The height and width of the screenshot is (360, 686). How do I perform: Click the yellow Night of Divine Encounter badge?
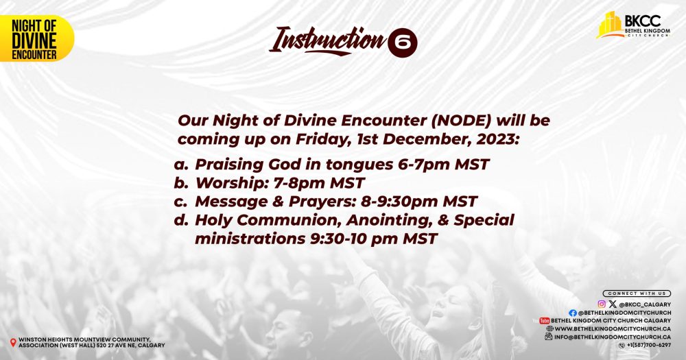37,38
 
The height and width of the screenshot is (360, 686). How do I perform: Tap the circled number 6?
403,43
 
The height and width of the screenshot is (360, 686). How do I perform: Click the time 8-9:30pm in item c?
399,202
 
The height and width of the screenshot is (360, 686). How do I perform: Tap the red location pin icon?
13,342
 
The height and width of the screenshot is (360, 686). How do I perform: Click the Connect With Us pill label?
637,293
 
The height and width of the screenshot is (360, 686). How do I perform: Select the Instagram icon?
602,304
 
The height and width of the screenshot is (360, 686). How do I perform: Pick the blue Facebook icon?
573,313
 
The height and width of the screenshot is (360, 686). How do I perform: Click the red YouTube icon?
544,321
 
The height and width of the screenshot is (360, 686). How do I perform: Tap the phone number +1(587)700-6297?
649,345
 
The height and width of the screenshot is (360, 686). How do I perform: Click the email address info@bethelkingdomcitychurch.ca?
613,337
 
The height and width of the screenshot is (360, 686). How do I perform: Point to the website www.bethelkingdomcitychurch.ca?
613,329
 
